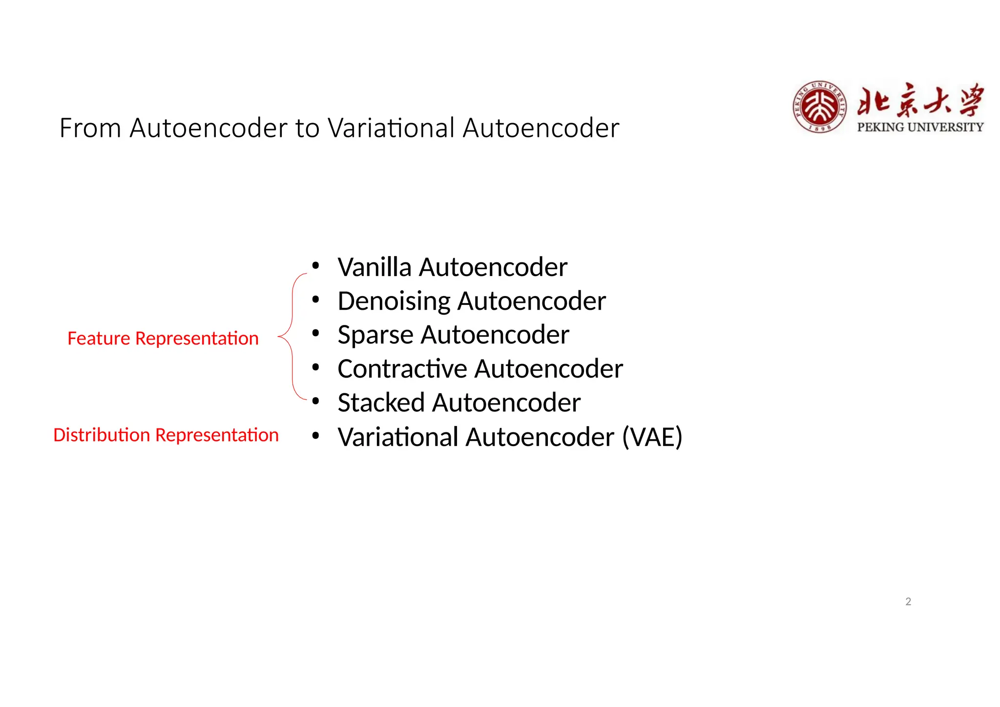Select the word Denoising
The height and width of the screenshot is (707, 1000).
click(x=394, y=301)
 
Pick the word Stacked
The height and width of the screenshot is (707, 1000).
click(x=381, y=403)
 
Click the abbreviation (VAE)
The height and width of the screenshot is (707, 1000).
click(x=652, y=437)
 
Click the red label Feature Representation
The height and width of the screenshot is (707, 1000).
click(x=163, y=338)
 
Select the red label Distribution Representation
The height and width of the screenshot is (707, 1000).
click(x=166, y=435)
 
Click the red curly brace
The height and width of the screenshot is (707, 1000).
click(x=292, y=337)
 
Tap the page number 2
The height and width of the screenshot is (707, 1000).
click(x=908, y=601)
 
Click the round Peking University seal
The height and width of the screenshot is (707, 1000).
click(x=819, y=107)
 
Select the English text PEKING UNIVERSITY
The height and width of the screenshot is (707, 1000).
click(x=920, y=127)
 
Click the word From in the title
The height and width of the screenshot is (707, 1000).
click(x=90, y=128)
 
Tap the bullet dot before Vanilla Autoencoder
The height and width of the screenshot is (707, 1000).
click(x=316, y=266)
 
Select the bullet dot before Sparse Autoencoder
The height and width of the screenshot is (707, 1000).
click(x=316, y=334)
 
